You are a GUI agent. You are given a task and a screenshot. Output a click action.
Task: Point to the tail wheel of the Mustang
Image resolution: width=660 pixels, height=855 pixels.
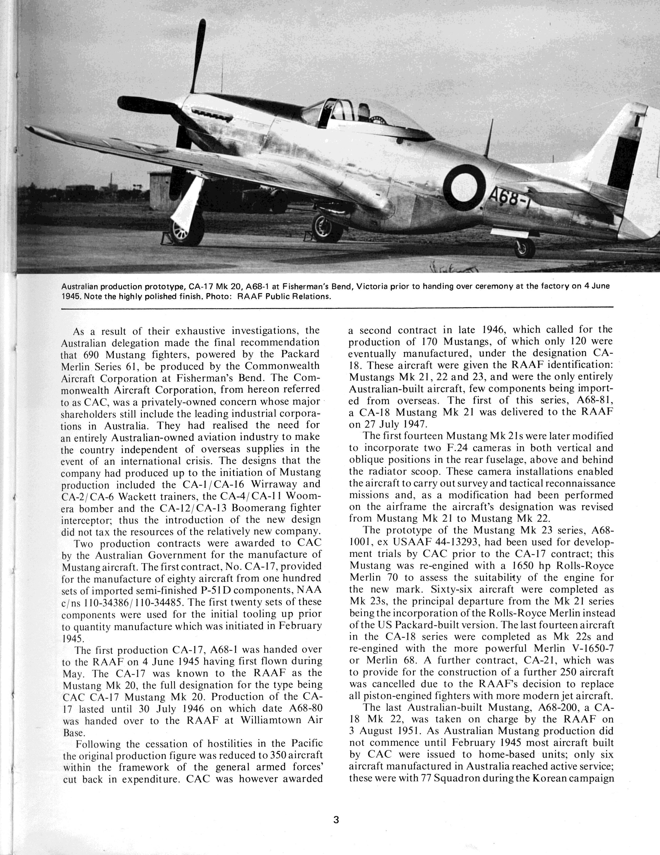click(525, 248)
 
